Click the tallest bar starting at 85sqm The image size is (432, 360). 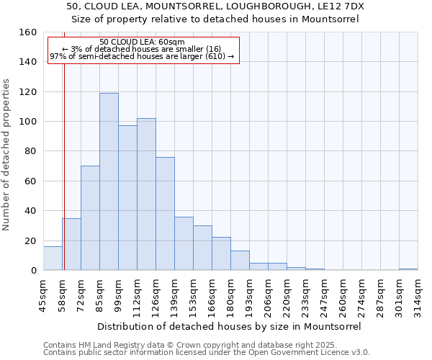pos(109,181)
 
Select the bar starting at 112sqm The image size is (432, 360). pos(146,194)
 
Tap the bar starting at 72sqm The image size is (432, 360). pos(90,217)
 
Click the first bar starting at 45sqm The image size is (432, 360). pos(53,258)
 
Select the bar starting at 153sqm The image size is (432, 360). pos(202,248)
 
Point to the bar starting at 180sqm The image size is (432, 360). pos(240,261)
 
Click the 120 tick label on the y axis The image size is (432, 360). pos(28,92)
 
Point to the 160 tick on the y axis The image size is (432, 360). pos(28,32)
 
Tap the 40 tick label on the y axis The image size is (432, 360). pos(31,211)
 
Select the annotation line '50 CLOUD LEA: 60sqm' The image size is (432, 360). pos(142,42)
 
